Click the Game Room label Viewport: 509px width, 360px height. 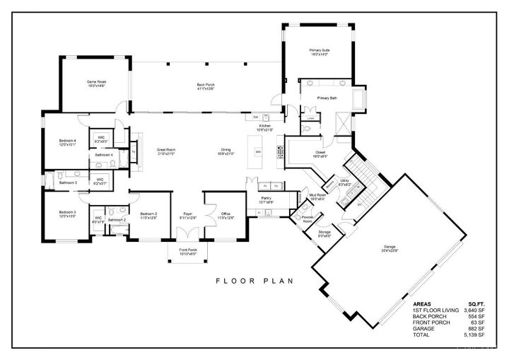pyautogui.click(x=96, y=83)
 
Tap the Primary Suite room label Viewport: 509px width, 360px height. pyautogui.click(x=320, y=52)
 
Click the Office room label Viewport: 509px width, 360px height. pyautogui.click(x=226, y=215)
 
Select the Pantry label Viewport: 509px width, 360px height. pyautogui.click(x=267, y=200)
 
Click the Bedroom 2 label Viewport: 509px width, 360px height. pyautogui.click(x=148, y=215)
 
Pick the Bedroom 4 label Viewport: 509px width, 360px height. pyautogui.click(x=67, y=143)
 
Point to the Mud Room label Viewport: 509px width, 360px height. pyautogui.click(x=316, y=197)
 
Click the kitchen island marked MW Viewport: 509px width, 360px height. pyautogui.click(x=259, y=152)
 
